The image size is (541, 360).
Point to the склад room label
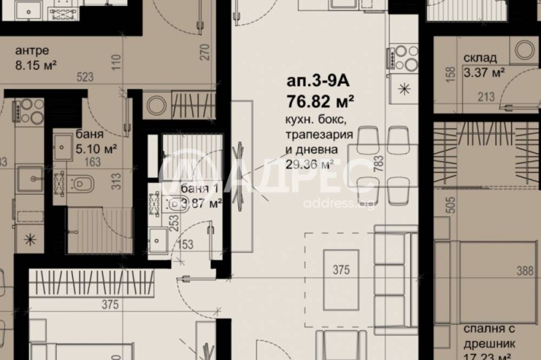click(480, 58)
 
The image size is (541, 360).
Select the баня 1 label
click(199, 187)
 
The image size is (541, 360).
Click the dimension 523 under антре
click(85, 78)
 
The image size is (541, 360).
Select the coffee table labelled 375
click(342, 270)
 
